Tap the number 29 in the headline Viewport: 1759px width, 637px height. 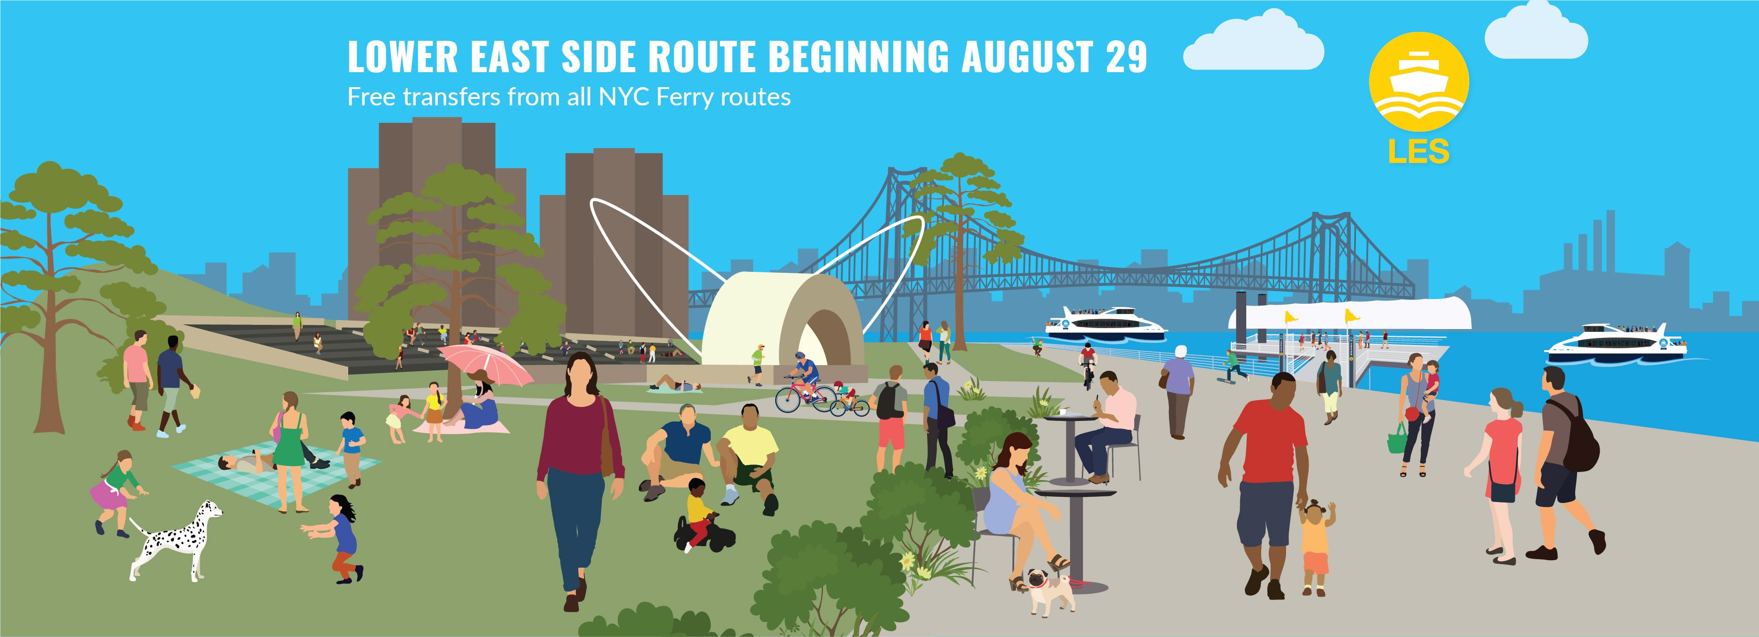point(1126,57)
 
